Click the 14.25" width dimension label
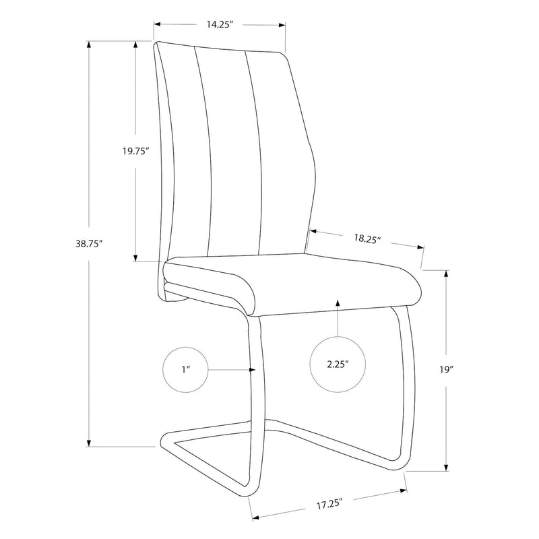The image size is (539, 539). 219,24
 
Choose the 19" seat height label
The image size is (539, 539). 446,370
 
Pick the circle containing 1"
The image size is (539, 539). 186,370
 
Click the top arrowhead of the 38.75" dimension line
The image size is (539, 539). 88,43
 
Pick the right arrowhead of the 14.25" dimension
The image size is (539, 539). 284,26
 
